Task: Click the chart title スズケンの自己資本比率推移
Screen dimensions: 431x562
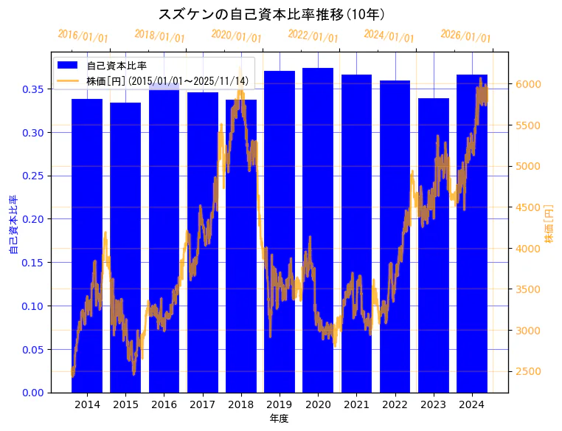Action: (x=272, y=14)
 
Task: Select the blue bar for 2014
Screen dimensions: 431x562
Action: (x=87, y=244)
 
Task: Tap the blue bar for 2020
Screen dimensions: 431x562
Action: (x=318, y=229)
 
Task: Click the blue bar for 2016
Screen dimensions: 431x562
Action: (x=164, y=236)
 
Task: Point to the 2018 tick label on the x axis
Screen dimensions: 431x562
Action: (x=240, y=404)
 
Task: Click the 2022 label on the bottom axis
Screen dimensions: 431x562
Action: (x=395, y=404)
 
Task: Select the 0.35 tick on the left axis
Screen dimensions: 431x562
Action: (x=33, y=89)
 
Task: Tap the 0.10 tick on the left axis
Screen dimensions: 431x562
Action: (x=33, y=306)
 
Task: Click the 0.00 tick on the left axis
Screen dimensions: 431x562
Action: (x=33, y=393)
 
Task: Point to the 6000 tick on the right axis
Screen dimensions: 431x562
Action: (x=529, y=84)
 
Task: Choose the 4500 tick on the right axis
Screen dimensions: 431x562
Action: (x=529, y=207)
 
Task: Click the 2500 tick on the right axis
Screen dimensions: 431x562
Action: (x=529, y=371)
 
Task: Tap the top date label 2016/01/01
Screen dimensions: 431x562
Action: (x=83, y=36)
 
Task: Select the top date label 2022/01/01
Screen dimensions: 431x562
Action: (x=313, y=36)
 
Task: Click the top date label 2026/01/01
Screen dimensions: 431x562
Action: (x=465, y=36)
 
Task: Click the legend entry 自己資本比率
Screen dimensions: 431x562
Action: (x=117, y=66)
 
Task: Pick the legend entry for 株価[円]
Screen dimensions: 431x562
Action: (x=167, y=80)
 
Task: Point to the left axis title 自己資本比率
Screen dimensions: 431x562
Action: (x=13, y=225)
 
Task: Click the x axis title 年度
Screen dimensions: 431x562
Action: (x=279, y=418)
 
